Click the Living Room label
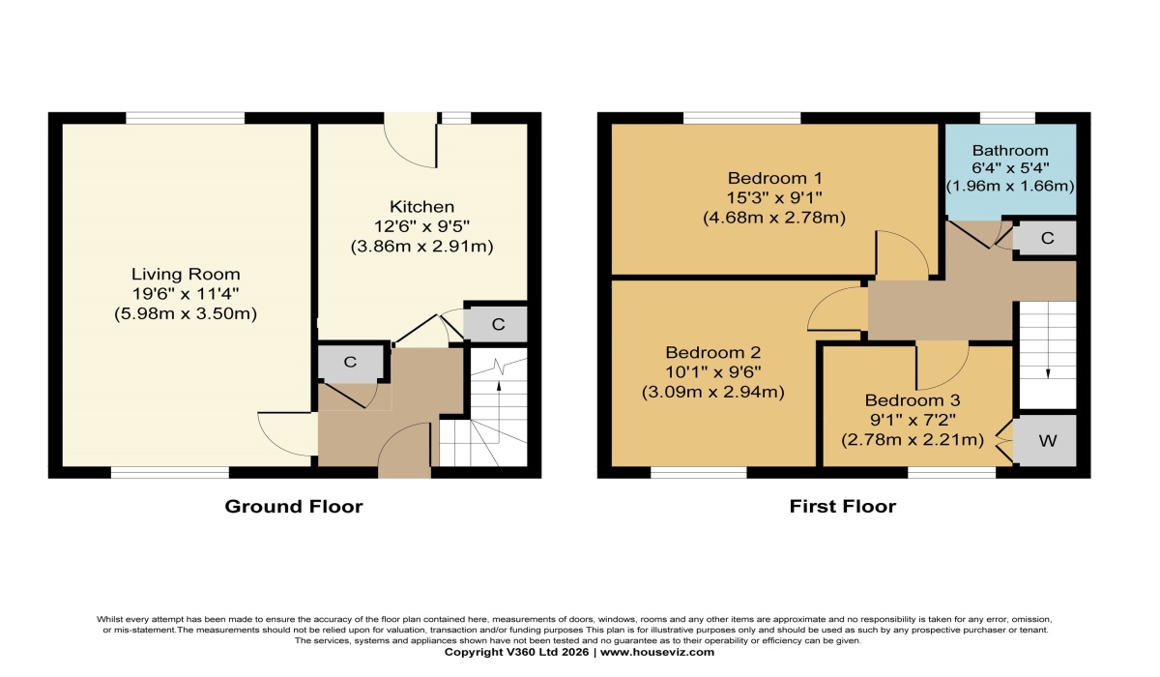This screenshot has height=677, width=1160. (186, 274)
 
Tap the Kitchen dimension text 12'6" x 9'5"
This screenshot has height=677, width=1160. (421, 226)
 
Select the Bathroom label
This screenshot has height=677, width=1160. (1010, 151)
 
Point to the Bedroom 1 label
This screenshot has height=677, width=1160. (774, 178)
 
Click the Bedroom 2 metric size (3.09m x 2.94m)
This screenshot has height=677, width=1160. (713, 392)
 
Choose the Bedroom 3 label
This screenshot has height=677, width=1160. (912, 400)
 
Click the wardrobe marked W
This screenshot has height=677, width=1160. (1045, 440)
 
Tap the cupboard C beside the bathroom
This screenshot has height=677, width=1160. (1045, 238)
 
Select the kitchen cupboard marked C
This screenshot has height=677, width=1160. (495, 325)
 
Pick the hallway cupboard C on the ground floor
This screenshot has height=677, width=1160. (350, 362)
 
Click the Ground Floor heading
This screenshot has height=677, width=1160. (294, 507)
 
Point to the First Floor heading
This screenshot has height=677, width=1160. (843, 507)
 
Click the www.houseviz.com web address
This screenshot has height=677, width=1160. (657, 652)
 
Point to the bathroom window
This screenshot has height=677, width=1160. (1007, 118)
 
